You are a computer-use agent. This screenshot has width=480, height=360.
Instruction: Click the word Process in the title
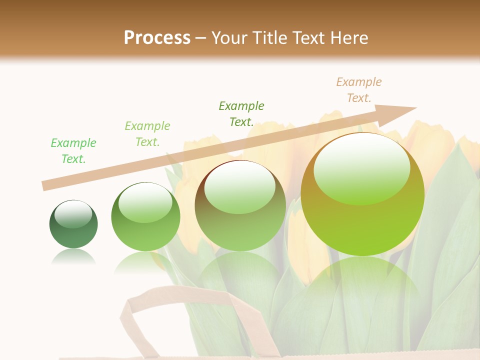[157, 38]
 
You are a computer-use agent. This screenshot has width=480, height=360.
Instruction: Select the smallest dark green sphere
[73, 224]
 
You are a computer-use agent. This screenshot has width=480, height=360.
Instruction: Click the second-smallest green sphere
[145, 216]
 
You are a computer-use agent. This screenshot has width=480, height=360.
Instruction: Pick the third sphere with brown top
[240, 205]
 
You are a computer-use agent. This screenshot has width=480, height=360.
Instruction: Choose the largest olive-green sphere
[362, 194]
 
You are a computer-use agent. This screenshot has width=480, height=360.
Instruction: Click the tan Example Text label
[358, 90]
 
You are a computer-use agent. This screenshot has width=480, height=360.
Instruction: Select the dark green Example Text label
[241, 113]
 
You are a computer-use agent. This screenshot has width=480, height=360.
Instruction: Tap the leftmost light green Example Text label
[73, 150]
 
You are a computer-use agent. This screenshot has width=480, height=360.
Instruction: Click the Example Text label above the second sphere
[147, 133]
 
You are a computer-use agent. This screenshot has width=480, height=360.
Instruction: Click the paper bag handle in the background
[131, 320]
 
